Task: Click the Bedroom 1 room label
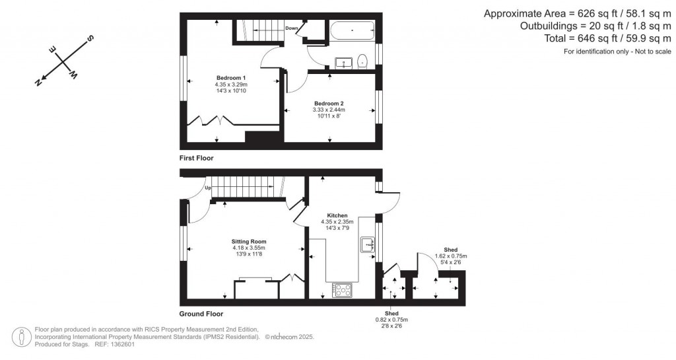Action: coord(230,78)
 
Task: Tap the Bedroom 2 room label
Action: coord(328,103)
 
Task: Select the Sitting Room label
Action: coord(248,241)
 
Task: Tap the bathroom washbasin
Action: coord(343,63)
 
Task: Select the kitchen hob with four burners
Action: coord(342,289)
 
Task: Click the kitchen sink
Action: coord(367,246)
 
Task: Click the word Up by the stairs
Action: coord(208,188)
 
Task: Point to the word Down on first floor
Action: coord(292,28)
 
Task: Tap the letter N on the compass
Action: coord(39,83)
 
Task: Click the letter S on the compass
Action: coord(90,38)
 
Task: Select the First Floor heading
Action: coord(197,159)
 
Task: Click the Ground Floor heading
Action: coord(201,314)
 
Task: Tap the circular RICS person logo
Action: coord(23,336)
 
